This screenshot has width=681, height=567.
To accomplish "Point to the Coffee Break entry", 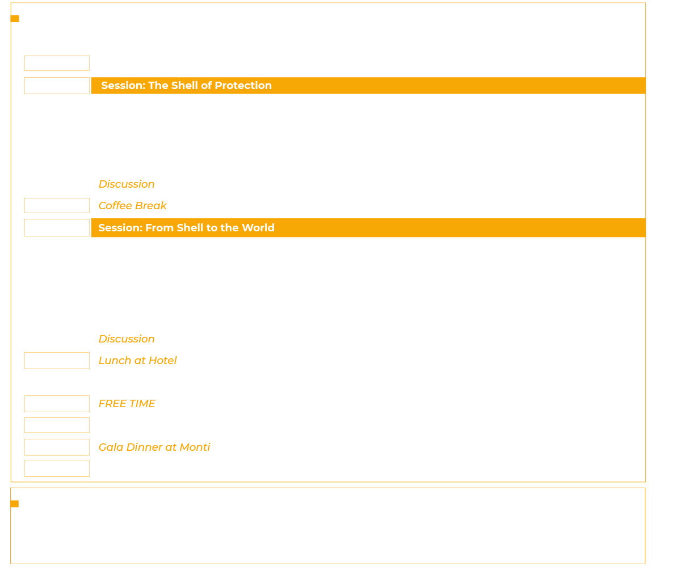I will click(133, 206).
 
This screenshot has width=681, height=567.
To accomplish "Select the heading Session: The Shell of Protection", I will click(186, 86).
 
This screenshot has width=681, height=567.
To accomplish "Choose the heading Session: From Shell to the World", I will click(186, 227).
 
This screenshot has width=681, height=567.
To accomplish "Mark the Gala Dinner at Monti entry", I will click(154, 447).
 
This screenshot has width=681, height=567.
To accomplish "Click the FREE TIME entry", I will click(127, 404).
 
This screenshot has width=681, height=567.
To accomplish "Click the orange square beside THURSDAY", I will click(15, 19).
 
